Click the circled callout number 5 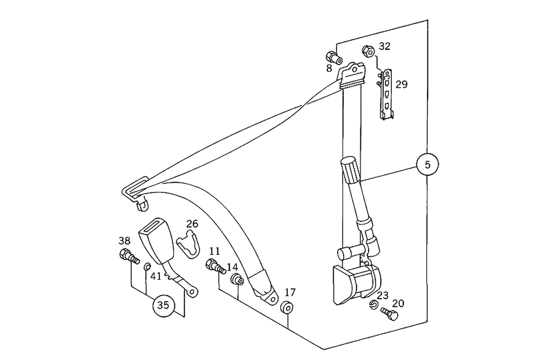point(428,165)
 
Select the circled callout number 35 point(163,306)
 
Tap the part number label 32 point(384,47)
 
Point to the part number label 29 point(401,85)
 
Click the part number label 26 point(192,224)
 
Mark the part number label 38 point(125,241)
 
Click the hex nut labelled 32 point(367,52)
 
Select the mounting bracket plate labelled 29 point(387,94)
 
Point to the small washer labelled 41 point(146,266)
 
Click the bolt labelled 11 point(215,266)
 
